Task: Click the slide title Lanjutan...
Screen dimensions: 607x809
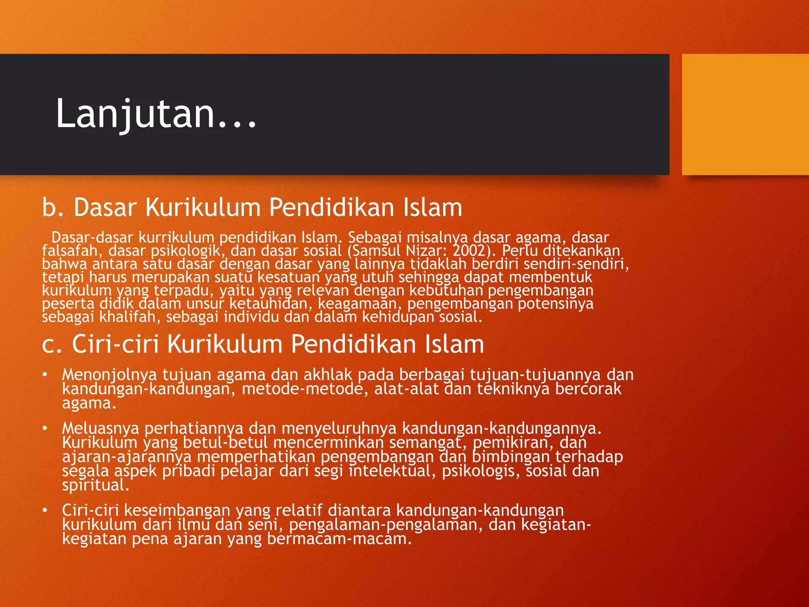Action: click(x=156, y=114)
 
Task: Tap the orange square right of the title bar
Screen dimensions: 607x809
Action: click(x=745, y=114)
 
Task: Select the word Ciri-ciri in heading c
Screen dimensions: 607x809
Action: click(x=115, y=344)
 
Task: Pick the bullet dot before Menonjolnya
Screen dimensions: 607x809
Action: click(x=45, y=374)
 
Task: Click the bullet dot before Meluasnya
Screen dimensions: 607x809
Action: click(x=45, y=428)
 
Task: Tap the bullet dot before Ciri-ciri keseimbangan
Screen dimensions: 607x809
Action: click(x=45, y=510)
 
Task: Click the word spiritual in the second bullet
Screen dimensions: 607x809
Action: click(x=95, y=485)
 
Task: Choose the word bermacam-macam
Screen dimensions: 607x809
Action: click(x=339, y=539)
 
